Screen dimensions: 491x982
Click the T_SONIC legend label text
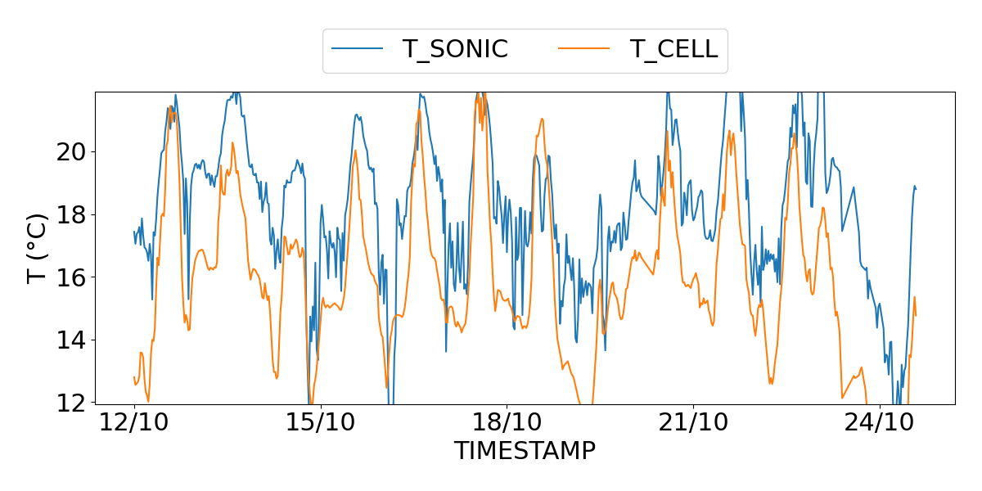click(x=455, y=49)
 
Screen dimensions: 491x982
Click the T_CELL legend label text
click(x=673, y=49)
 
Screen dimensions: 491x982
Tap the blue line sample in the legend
click(x=358, y=49)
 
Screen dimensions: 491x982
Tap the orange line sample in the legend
click(x=584, y=49)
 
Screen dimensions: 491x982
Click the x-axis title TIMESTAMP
click(x=525, y=451)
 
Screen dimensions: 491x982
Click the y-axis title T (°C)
click(x=38, y=247)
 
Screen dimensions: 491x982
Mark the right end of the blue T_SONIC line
click(x=916, y=189)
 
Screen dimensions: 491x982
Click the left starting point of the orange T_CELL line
click(x=134, y=376)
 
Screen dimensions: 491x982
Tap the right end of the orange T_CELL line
click(x=916, y=315)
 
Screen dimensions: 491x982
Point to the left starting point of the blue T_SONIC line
click(x=134, y=232)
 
